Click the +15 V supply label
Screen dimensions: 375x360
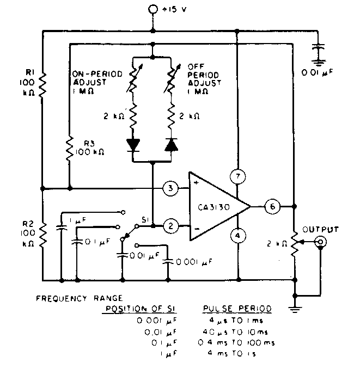pyautogui.click(x=174, y=9)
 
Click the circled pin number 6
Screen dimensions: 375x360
pyautogui.click(x=272, y=207)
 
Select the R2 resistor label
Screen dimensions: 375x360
pyautogui.click(x=29, y=223)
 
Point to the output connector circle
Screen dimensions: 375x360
pyautogui.click(x=322, y=242)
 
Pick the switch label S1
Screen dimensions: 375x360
pyautogui.click(x=145, y=219)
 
